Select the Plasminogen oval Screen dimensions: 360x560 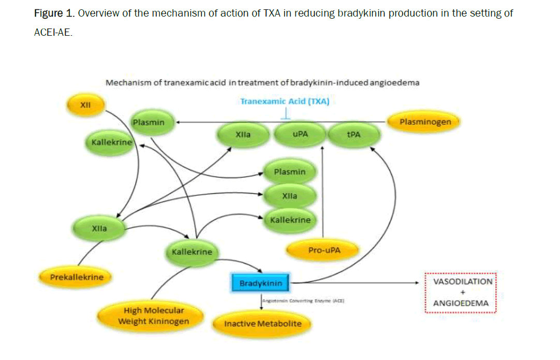pyautogui.click(x=425, y=122)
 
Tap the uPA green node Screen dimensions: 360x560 pyautogui.click(x=300, y=135)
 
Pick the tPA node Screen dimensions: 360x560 pyautogui.click(x=353, y=135)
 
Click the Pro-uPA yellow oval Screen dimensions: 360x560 pyautogui.click(x=325, y=250)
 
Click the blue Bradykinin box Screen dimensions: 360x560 pyautogui.click(x=261, y=283)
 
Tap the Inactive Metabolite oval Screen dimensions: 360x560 pyautogui.click(x=262, y=324)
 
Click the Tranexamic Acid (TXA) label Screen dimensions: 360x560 pyautogui.click(x=285, y=102)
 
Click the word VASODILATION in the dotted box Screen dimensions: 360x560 pyautogui.click(x=462, y=281)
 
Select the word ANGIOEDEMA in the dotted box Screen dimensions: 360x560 pyautogui.click(x=461, y=304)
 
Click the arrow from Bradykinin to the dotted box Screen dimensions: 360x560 pyautogui.click(x=357, y=283)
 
